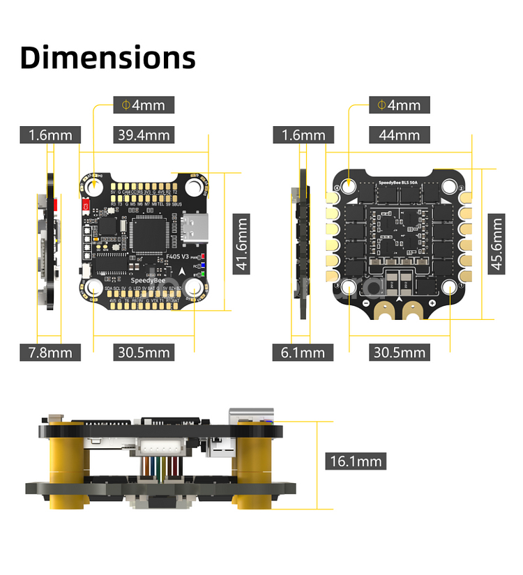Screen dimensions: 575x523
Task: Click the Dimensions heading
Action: [x=107, y=57]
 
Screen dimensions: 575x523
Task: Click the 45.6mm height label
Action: [x=496, y=245]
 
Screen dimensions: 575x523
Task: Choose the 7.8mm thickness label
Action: [x=50, y=352]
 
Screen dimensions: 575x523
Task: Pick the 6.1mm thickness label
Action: [x=303, y=352]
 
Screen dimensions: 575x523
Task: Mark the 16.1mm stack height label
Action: [x=356, y=460]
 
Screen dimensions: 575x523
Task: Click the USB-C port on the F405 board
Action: [x=190, y=229]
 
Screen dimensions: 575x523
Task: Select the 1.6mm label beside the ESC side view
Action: [x=303, y=135]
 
